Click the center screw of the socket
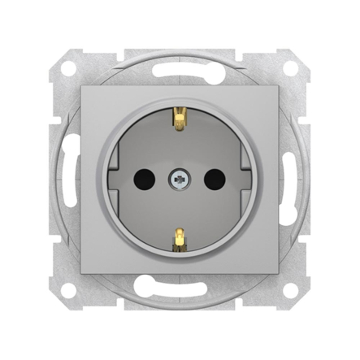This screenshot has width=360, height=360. pyautogui.click(x=179, y=180)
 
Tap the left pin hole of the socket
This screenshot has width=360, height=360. pyautogui.click(x=150, y=180)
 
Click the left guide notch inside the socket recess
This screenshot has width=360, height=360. pyautogui.click(x=122, y=180)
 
